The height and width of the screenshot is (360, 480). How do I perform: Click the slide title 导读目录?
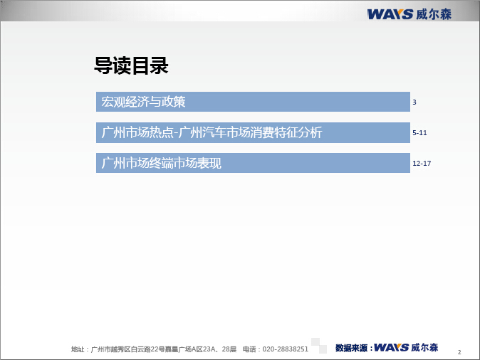point(131,65)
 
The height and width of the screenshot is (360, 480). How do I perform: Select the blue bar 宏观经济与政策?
point(253,102)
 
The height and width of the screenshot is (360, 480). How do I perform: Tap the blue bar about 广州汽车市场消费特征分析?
point(253,132)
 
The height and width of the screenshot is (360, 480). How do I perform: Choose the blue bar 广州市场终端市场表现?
point(253,163)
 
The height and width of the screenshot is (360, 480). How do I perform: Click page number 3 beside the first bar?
point(414,102)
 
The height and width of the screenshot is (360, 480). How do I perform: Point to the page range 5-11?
point(419,133)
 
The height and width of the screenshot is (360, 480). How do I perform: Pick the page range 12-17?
point(422,164)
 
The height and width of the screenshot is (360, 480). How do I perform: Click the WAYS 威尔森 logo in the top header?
point(409,14)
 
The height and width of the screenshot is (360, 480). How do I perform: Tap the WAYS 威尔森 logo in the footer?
point(406,347)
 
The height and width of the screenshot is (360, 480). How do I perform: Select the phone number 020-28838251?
point(285,349)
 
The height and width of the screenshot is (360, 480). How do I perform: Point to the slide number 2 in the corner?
point(459,352)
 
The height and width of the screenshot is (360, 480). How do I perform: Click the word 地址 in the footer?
point(78,349)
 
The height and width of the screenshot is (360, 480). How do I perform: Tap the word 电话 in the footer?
point(249,349)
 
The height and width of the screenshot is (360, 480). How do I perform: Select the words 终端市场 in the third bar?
point(173,163)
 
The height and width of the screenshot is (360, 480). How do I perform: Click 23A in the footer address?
point(209,349)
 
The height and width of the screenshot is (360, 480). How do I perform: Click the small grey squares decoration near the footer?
point(319,346)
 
